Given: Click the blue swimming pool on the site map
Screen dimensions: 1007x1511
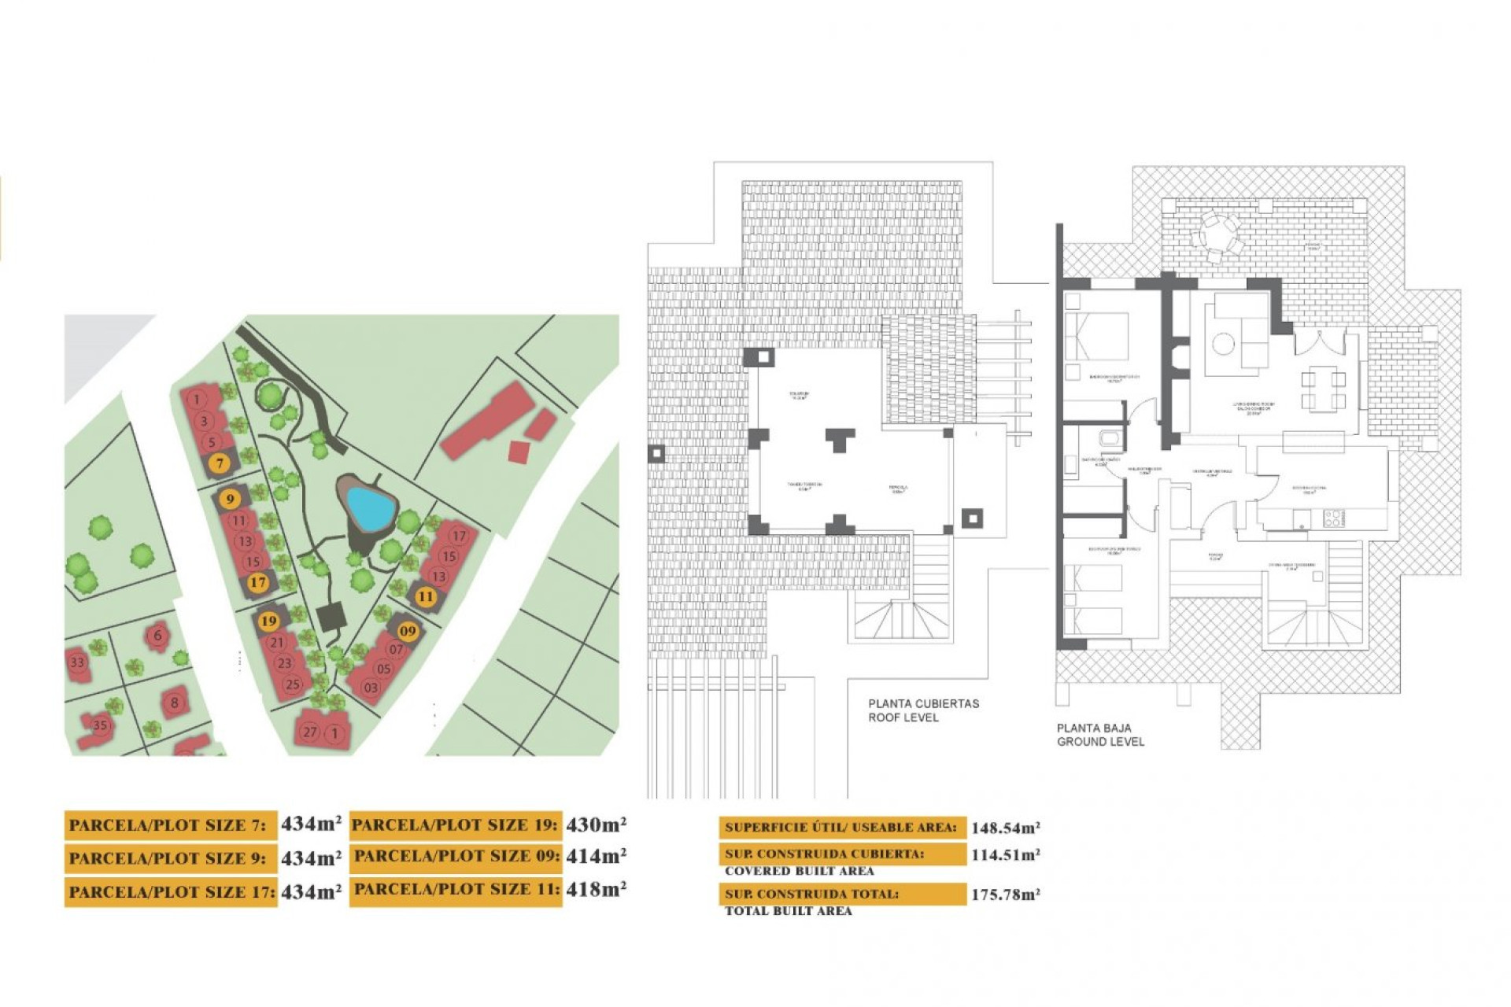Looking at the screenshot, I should (370, 507).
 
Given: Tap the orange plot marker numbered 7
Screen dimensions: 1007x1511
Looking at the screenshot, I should (220, 463).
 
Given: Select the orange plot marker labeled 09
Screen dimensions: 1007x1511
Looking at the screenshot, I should (408, 631).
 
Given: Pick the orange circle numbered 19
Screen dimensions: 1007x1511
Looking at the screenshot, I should (268, 621).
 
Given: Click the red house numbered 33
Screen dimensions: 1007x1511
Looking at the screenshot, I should (77, 662).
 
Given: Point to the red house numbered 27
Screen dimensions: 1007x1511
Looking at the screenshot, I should (310, 732).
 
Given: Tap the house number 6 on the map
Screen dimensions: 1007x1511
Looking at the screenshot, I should (158, 635).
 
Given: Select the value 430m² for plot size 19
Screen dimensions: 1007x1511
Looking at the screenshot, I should (596, 824).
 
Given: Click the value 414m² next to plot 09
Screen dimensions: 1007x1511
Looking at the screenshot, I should (596, 856).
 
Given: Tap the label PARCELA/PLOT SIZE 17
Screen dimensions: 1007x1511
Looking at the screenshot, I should (171, 892).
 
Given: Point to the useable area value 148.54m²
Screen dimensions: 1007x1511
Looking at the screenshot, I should (1005, 828).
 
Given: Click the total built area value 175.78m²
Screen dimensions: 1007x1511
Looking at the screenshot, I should (1005, 894).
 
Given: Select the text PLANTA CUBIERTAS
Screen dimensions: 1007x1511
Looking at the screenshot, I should (923, 703).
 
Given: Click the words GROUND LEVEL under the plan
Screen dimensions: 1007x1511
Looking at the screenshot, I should (1100, 741).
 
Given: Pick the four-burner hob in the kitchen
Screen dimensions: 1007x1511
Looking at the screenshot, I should (1333, 518).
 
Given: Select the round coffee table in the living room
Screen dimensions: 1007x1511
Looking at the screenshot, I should (1223, 344).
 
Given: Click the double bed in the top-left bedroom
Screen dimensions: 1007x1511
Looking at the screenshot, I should (1097, 337).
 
